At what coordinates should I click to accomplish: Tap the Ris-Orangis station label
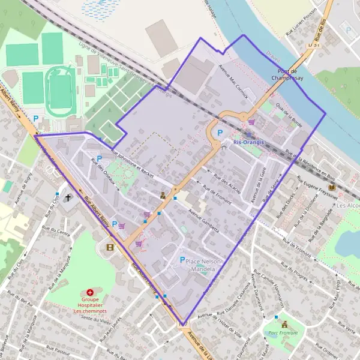coord(248,143)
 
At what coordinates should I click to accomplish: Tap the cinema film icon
coord(109,247)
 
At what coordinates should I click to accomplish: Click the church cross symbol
coord(68,197)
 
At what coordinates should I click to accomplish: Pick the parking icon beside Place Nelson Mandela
coord(183,260)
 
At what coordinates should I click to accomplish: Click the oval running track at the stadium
coord(61,91)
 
